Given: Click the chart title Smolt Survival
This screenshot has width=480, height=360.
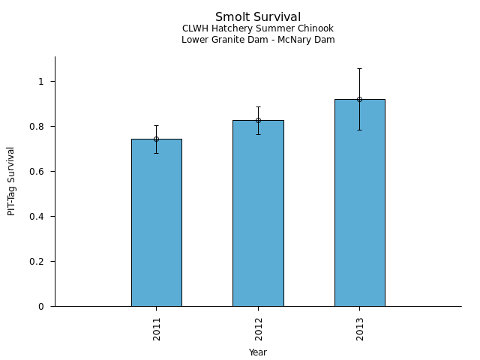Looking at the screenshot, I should coord(258,17).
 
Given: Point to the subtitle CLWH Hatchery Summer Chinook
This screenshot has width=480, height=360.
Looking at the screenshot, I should coord(258,28).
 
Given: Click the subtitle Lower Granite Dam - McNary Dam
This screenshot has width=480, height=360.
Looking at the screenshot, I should coord(258,40).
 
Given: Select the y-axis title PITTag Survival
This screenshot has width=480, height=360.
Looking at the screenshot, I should coord(11,181).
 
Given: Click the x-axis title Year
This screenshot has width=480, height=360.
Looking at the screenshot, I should coord(258,352).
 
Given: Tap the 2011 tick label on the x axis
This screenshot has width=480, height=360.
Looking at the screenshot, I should coord(157,328).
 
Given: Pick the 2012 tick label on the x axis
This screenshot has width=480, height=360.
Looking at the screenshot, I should coord(258,328).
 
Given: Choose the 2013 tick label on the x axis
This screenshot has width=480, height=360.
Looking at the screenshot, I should coord(360,328).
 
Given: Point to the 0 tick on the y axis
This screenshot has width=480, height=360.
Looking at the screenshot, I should coord(42,307).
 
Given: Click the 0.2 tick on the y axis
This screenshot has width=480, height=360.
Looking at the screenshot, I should coord(38,262).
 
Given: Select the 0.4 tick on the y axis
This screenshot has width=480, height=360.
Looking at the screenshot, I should coord(38,217).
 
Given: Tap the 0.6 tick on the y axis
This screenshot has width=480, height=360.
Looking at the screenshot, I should coord(38,172).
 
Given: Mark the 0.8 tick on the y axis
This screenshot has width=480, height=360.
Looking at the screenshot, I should coord(38,127).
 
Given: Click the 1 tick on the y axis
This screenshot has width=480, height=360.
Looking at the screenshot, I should coord(42,81).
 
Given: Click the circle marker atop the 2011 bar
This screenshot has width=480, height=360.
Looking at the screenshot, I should coord(156,139).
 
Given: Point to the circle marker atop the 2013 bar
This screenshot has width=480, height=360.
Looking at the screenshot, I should coord(359,99).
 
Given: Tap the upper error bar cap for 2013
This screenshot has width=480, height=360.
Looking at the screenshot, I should coord(359,68).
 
